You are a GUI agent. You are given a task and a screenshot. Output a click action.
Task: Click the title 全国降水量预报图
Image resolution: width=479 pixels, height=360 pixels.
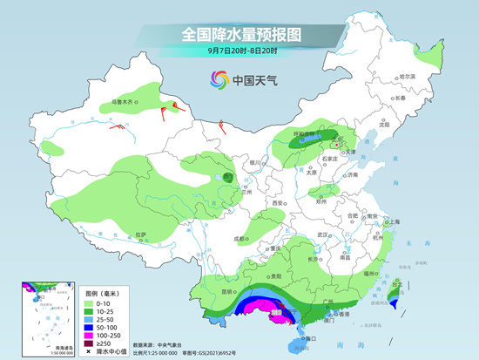point(240,36)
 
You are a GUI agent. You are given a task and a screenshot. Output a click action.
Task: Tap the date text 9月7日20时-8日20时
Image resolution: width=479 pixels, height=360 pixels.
point(239,54)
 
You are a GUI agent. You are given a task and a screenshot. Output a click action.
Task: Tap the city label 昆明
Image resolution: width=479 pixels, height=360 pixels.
point(226,290)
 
